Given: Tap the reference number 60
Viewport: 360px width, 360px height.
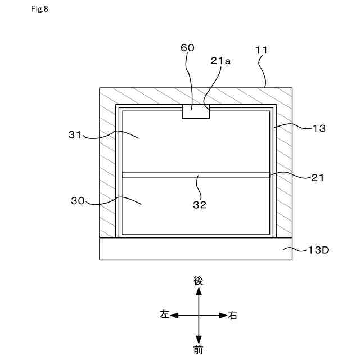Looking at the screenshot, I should (187, 48).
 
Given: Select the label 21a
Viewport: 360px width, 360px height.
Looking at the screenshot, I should (221, 61).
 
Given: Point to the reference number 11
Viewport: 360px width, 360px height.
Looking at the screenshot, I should (262, 49).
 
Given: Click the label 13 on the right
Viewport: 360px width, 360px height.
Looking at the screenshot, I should (319, 128).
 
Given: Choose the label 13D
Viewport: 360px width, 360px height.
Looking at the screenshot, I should (318, 250).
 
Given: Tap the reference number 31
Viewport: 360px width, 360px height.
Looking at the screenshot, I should (75, 134).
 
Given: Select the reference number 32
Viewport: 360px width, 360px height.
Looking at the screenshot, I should (199, 205).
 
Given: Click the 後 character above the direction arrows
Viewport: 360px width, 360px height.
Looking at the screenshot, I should (198, 280).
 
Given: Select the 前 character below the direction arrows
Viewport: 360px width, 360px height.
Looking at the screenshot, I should (198, 350).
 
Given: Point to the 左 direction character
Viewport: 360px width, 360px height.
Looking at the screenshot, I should (164, 316).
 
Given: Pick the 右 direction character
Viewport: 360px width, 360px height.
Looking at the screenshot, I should (233, 316).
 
